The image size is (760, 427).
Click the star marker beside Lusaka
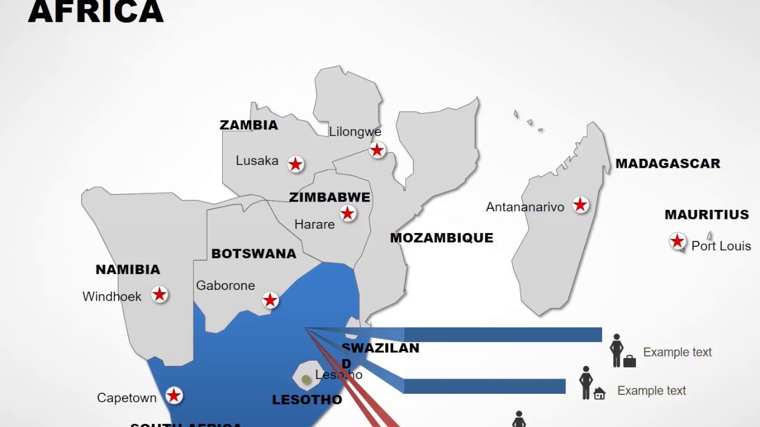tap(296, 164)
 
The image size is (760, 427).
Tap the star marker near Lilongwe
tap(377, 150)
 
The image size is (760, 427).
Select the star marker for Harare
tap(347, 213)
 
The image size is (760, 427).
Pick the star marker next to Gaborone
tap(270, 300)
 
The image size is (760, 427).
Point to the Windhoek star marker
tap(159, 294)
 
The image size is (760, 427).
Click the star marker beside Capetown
tap(173, 395)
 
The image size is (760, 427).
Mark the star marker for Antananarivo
tap(580, 205)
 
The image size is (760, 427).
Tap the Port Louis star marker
tap(677, 241)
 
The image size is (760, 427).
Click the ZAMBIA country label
tap(249, 125)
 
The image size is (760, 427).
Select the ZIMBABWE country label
tap(330, 197)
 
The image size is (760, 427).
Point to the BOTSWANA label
tap(254, 254)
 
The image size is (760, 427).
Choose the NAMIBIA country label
tap(128, 270)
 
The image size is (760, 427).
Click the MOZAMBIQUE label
tap(441, 238)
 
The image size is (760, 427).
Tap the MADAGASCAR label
tap(667, 164)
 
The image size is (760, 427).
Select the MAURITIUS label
tap(707, 215)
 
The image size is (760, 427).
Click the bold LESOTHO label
tap(307, 400)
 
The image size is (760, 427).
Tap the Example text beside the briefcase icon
tap(677, 352)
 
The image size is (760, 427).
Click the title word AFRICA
tap(96, 12)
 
